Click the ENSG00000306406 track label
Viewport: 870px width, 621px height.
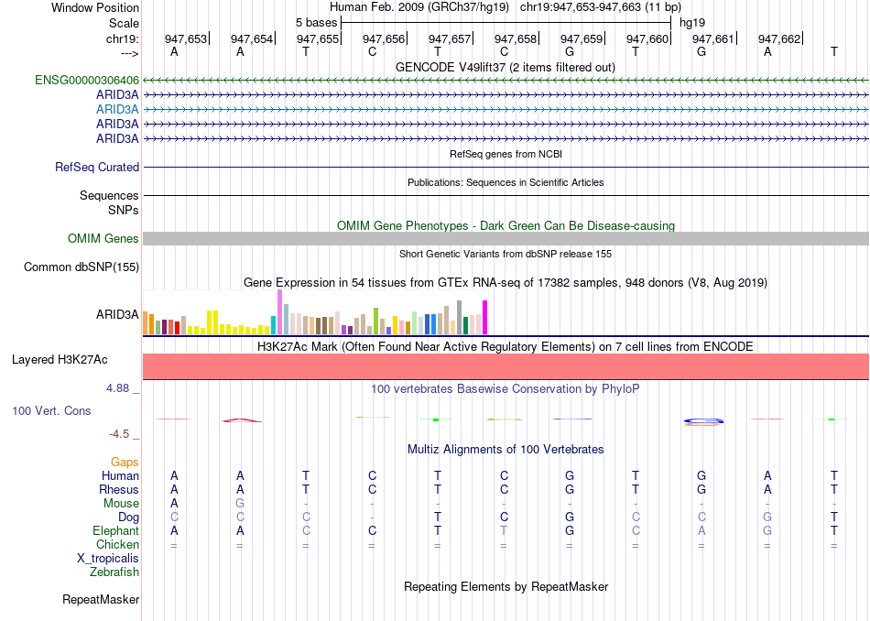87,80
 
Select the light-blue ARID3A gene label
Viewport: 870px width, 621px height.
117,109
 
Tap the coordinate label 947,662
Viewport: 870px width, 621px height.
779,38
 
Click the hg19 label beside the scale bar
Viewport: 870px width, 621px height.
692,21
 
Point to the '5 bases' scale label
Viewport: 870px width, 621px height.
316,21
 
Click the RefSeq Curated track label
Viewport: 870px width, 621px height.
97,168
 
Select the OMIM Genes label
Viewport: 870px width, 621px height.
103,239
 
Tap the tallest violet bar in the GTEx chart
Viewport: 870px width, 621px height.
279,312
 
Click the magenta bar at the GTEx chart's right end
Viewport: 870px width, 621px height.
485,318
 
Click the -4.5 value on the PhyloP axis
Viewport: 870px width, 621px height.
121,434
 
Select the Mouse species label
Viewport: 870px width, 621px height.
121,504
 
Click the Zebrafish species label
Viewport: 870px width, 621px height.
114,572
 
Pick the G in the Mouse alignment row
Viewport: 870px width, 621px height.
240,504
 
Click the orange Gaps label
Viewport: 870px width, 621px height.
125,463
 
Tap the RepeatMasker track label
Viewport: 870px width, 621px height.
101,600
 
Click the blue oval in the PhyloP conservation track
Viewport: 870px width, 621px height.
704,420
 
